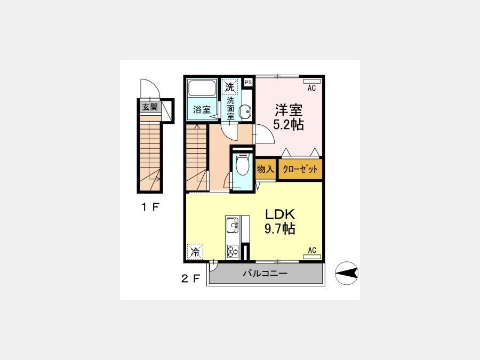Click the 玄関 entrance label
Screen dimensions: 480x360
point(150,107)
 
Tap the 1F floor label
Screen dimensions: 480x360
point(150,207)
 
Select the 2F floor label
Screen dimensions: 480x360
point(190,278)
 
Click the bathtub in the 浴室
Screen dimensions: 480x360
point(202,88)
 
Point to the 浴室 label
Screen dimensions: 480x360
point(202,109)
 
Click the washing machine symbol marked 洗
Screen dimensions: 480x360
point(229,87)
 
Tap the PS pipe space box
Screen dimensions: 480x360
point(248,82)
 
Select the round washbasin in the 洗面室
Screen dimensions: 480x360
point(245,111)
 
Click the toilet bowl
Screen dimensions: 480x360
point(243,166)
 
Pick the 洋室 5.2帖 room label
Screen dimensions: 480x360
point(289,117)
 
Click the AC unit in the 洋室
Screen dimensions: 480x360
point(312,82)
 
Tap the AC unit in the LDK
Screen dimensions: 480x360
point(312,257)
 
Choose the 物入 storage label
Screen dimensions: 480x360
point(265,169)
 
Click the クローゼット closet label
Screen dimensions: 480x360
point(300,169)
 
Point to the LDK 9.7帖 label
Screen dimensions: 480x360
point(280,221)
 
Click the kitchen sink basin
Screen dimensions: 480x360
point(233,227)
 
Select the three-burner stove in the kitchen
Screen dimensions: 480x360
point(233,252)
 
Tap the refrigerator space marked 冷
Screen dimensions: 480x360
point(195,252)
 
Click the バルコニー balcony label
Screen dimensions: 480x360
point(265,273)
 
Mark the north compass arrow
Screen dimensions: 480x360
point(347,273)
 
